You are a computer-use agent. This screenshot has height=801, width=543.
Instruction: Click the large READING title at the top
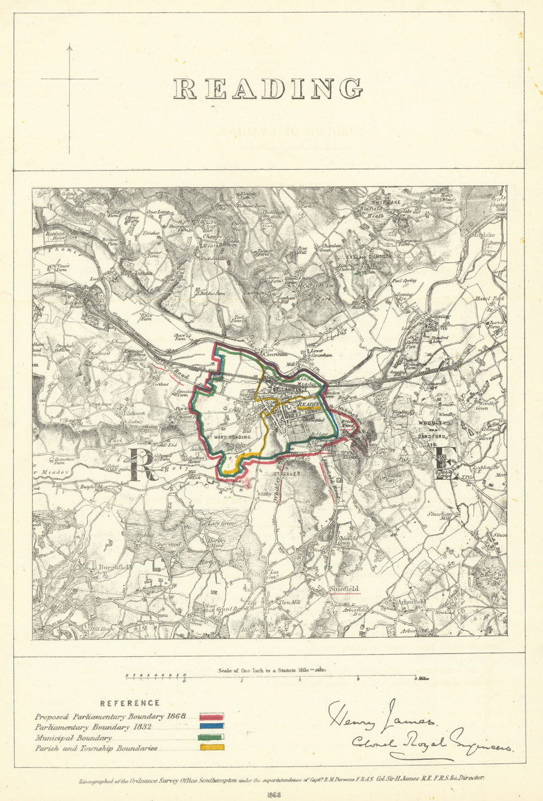coord(268,88)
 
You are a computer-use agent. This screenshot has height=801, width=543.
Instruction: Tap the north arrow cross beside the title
coord(70,79)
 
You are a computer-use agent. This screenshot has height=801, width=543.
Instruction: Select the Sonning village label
coord(439,316)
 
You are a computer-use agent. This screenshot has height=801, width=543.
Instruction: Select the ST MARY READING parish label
coord(228,437)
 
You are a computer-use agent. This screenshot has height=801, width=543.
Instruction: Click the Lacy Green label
coord(212,524)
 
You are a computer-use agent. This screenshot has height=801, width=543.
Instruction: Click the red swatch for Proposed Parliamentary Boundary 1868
coord(212,717)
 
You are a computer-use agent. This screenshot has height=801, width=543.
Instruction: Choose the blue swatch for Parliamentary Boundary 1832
coord(212,727)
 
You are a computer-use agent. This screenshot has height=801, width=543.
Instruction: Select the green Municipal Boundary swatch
coord(212,737)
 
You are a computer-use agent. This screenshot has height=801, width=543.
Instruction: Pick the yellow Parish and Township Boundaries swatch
coord(212,747)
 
